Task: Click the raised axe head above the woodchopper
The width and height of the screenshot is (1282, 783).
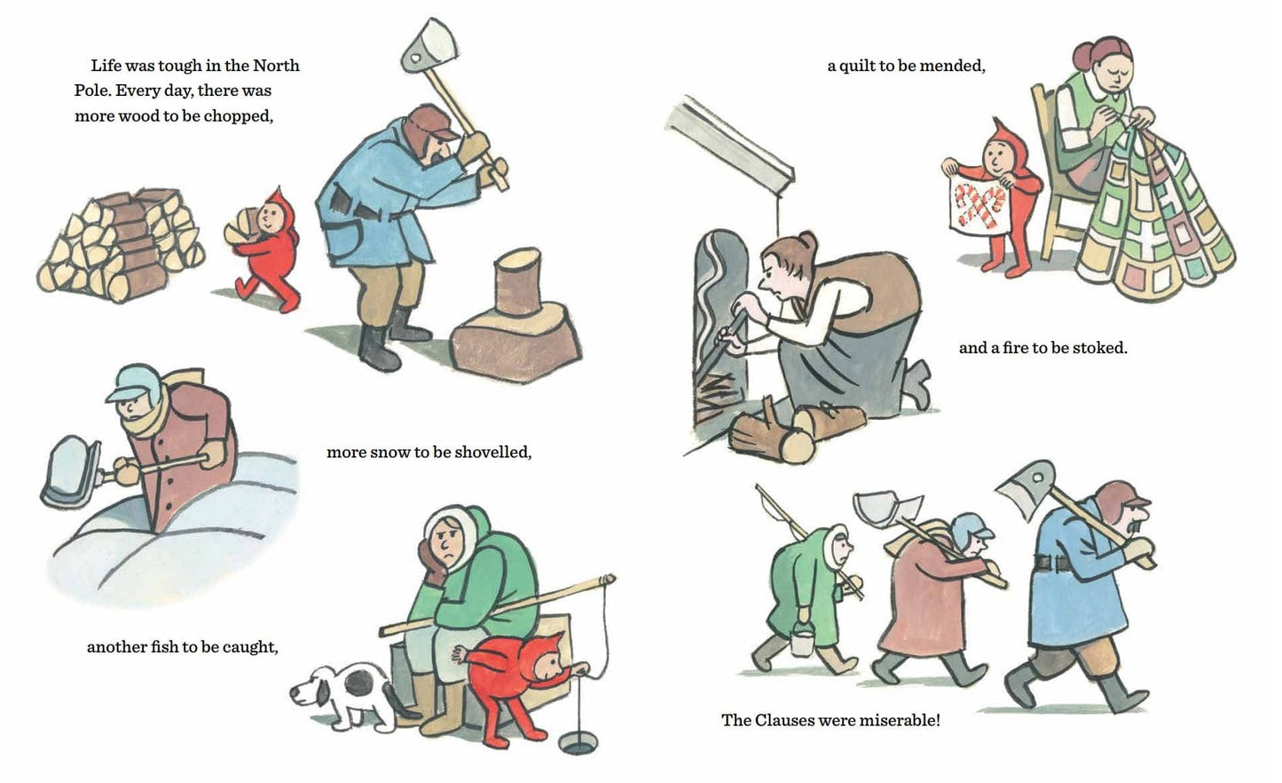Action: [x=429, y=46]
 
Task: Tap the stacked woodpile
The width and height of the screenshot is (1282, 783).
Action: [x=122, y=245]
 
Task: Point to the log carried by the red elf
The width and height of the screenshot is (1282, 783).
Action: [x=240, y=227]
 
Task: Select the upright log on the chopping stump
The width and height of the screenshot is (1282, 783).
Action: [x=517, y=281]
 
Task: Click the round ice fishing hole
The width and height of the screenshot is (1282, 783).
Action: [x=577, y=744]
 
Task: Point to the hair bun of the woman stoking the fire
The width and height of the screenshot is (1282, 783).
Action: [x=808, y=240]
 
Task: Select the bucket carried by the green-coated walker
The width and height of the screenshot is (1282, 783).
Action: [x=801, y=642]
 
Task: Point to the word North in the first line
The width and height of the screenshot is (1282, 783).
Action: [x=276, y=66]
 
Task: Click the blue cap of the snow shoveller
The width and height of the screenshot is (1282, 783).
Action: [x=130, y=383]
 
